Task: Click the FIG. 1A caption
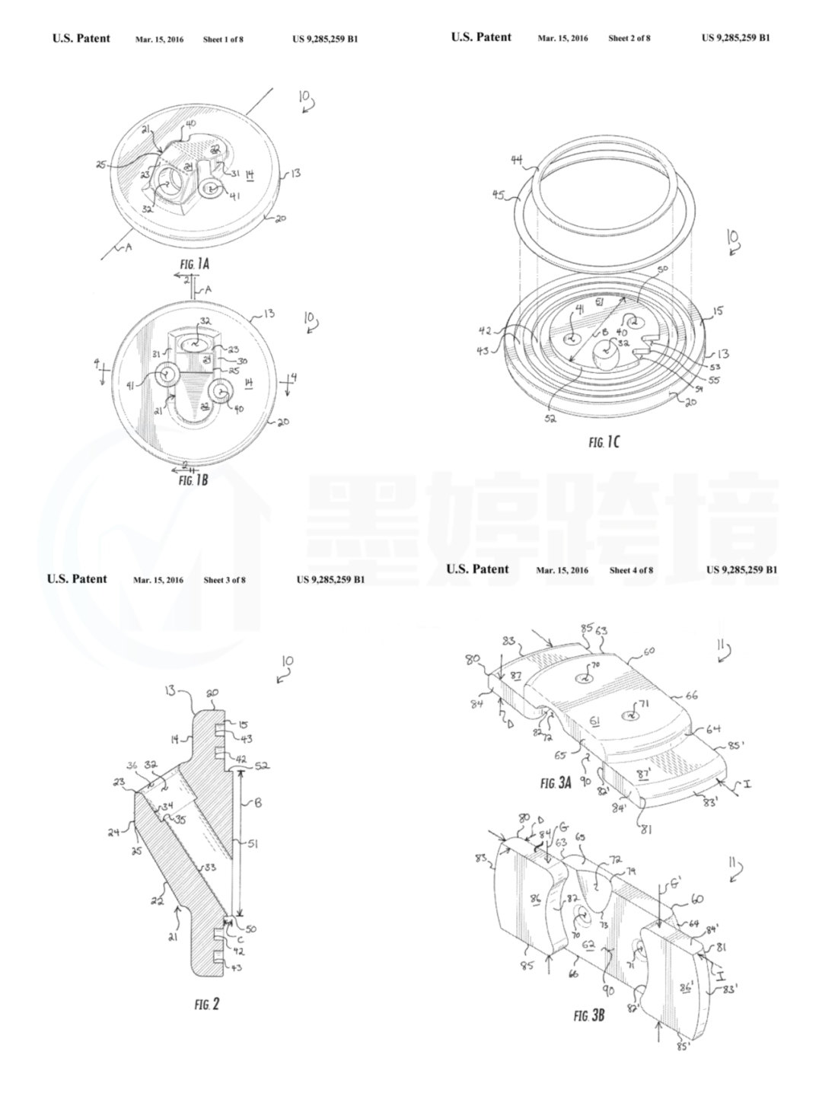point(194,264)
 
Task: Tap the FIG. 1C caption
point(604,442)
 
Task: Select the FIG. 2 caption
point(206,1005)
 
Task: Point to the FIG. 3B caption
point(589,1015)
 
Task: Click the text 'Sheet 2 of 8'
point(629,38)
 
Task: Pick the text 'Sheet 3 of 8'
point(225,580)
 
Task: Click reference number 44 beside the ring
point(518,159)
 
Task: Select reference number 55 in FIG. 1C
point(714,379)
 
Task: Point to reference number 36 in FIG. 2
point(131,766)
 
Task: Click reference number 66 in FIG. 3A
point(691,695)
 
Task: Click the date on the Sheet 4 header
point(562,571)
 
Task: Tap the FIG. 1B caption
point(193,480)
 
